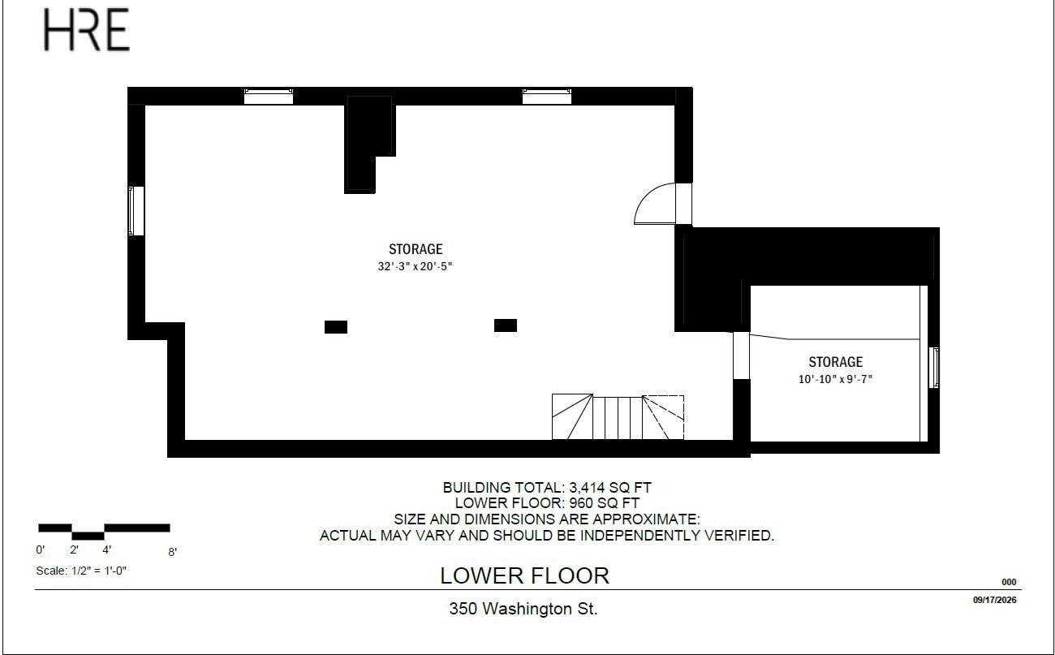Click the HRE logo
87,30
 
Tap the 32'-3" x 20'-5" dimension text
415,266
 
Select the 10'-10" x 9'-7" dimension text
835,379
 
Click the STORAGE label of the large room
416,248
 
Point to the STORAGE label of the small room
836,362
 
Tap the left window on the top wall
269,96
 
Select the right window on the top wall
547,96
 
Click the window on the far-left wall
136,211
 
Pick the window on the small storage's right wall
933,368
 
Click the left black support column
336,327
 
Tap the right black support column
506,325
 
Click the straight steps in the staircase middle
618,418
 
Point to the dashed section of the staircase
663,418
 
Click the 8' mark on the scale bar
172,552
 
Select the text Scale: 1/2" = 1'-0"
81,571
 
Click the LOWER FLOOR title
525,576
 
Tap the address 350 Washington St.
523,609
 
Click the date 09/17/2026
995,600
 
